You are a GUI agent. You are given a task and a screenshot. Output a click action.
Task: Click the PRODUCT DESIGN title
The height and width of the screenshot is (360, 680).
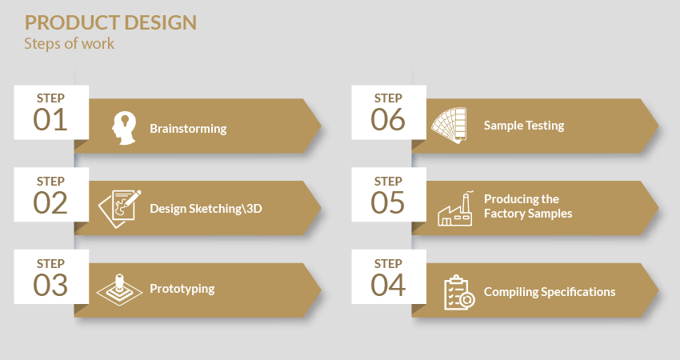(x=110, y=23)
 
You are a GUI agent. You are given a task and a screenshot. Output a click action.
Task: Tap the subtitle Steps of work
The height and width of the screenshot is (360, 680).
(x=70, y=44)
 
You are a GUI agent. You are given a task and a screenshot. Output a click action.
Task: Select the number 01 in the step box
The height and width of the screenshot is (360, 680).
(x=50, y=120)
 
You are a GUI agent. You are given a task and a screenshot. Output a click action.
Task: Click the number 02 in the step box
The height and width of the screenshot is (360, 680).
(x=50, y=202)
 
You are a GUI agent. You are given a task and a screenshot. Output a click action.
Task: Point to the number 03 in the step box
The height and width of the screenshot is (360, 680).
(x=50, y=285)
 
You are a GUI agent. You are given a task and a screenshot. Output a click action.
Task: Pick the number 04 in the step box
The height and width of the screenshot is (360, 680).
(x=388, y=285)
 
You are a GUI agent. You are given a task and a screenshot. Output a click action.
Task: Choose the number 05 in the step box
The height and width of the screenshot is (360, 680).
(x=388, y=202)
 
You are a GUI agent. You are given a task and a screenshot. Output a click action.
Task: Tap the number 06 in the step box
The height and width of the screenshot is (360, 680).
(x=388, y=120)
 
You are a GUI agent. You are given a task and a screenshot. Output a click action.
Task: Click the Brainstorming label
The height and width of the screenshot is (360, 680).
(x=188, y=129)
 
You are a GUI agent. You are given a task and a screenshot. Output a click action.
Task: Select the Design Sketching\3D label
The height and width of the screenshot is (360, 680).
(x=206, y=209)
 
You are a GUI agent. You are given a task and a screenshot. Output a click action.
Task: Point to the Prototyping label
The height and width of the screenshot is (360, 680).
(x=182, y=289)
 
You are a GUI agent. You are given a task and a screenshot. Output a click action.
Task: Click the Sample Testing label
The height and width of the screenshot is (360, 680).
(x=524, y=126)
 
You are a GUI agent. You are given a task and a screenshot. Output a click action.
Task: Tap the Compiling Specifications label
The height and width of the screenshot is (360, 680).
(x=550, y=292)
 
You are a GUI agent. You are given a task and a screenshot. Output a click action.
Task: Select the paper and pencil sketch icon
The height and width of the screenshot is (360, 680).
(x=120, y=209)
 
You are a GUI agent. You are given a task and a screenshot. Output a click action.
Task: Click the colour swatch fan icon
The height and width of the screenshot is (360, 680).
(x=449, y=126)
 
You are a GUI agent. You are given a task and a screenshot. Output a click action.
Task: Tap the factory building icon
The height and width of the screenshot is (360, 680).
(x=455, y=209)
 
